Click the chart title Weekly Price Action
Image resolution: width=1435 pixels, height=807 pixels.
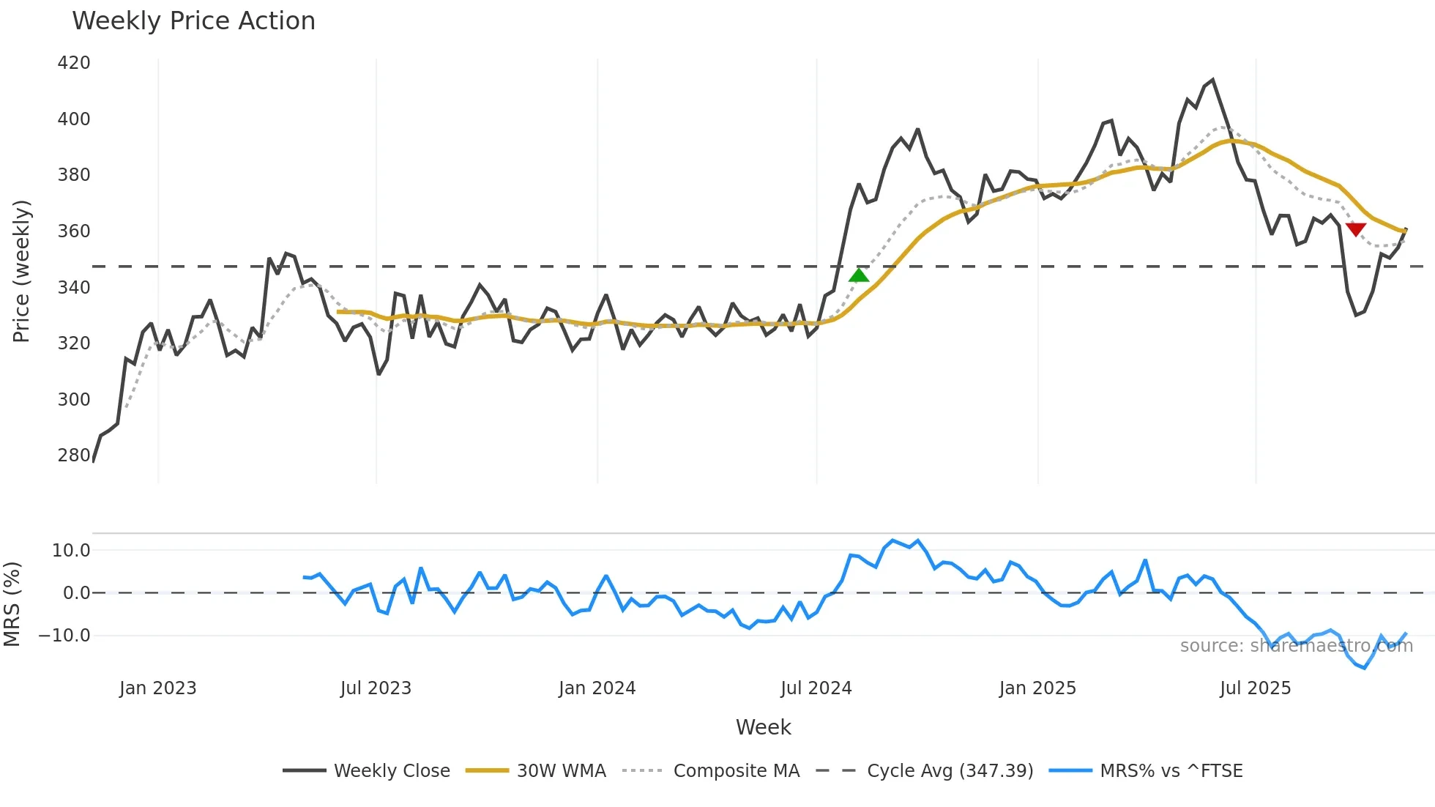tap(193, 21)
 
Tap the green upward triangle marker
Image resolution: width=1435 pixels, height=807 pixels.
tap(858, 275)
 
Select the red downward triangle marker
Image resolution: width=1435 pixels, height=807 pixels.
tap(1356, 230)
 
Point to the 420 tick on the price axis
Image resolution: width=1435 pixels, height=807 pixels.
tap(74, 63)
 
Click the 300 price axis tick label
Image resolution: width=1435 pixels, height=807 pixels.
tap(74, 400)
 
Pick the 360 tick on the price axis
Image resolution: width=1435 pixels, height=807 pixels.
tap(74, 231)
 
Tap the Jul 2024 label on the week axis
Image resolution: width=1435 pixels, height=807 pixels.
tap(816, 688)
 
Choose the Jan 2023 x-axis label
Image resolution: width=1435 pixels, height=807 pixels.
tap(158, 688)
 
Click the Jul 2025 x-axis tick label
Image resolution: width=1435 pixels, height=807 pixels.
tap(1255, 688)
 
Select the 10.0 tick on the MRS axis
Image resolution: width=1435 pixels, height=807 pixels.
tap(71, 551)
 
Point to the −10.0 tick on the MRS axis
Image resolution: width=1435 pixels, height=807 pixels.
tap(64, 636)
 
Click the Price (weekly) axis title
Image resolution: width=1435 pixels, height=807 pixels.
tap(22, 271)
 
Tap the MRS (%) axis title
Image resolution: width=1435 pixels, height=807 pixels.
tap(12, 604)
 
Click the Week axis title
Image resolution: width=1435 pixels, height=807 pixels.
tap(763, 727)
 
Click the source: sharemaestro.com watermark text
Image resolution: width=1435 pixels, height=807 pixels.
tap(1296, 646)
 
